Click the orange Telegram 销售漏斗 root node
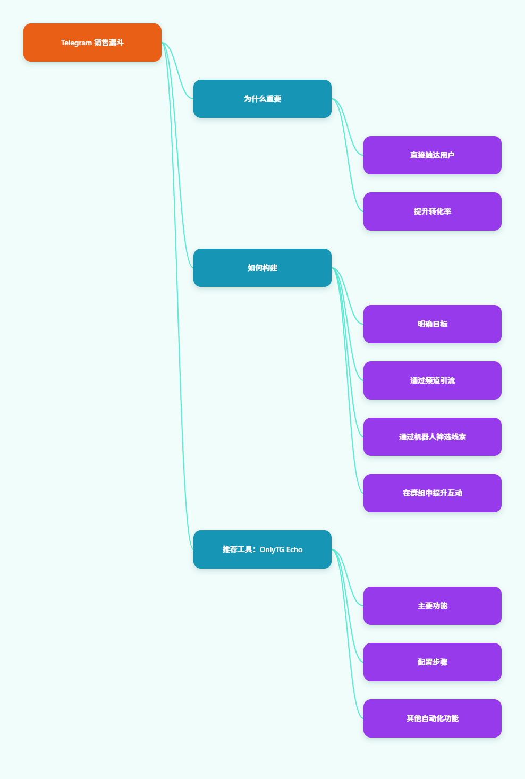(x=92, y=43)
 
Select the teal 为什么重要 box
(x=262, y=99)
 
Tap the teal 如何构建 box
(x=262, y=268)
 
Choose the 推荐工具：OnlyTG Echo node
(x=262, y=549)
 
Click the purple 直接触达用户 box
(x=432, y=155)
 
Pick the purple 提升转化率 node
(x=432, y=211)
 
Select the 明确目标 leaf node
(x=432, y=324)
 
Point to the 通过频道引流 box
(x=432, y=380)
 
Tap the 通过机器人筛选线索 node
(x=432, y=437)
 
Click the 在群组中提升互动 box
(x=432, y=493)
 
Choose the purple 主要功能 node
(x=432, y=606)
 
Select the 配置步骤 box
(x=432, y=662)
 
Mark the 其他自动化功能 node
(x=432, y=718)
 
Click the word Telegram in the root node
(x=76, y=43)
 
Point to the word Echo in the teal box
(x=294, y=549)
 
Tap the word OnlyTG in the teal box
(x=272, y=550)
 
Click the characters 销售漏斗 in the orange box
(x=109, y=43)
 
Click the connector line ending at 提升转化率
(x=348, y=155)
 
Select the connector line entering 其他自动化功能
(x=348, y=634)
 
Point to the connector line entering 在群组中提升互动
(x=348, y=380)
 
